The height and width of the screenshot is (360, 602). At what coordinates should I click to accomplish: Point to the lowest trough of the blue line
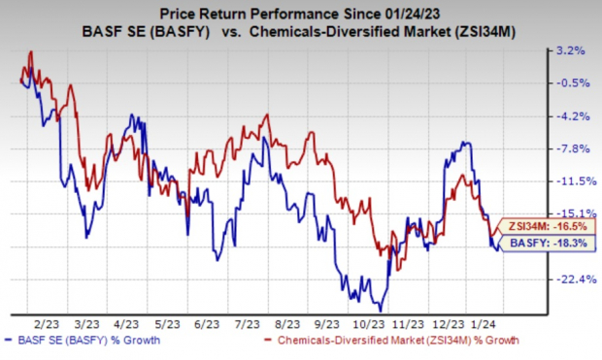(x=381, y=310)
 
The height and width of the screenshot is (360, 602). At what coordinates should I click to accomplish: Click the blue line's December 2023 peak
(x=467, y=143)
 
